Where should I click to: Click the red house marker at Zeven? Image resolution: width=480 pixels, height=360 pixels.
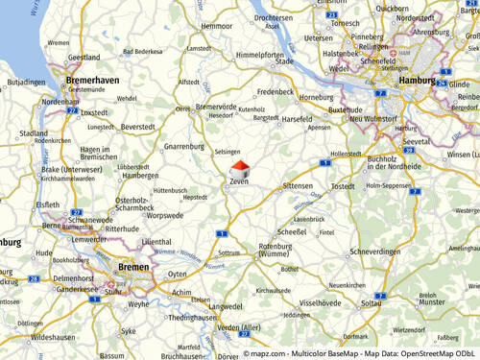pos(240,169)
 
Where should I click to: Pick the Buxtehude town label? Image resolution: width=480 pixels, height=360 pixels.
pos(346,110)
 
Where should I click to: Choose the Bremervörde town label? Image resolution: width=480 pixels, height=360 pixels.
pos(216,107)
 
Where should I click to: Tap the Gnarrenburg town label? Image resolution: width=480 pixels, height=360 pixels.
pos(185,147)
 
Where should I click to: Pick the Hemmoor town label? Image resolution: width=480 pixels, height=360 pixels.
pos(217,26)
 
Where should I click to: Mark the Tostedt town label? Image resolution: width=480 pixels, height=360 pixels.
pos(343,186)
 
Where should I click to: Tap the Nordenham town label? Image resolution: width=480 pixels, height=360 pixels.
pos(60,102)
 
